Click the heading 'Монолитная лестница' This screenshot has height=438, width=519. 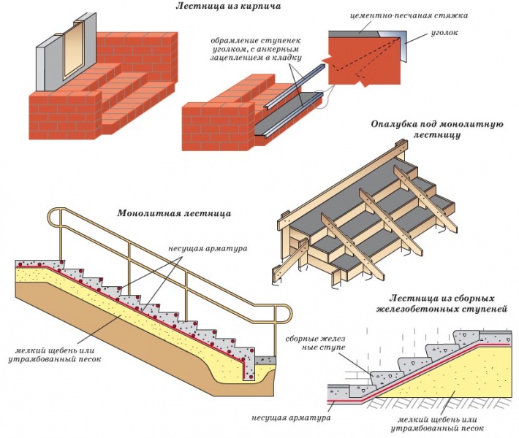[174, 214]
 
